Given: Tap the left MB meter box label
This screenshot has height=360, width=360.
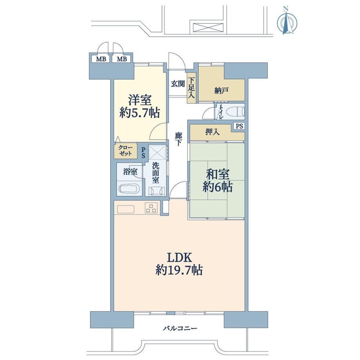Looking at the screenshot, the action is click(x=101, y=59).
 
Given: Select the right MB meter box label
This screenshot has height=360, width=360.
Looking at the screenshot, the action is click(x=122, y=59).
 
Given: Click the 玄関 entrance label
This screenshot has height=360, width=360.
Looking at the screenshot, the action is click(x=178, y=84).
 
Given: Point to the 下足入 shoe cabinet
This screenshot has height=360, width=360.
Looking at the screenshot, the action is click(x=191, y=88).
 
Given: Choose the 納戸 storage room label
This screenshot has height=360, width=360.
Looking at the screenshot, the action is click(x=221, y=91).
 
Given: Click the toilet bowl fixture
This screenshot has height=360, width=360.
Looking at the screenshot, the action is click(x=235, y=112).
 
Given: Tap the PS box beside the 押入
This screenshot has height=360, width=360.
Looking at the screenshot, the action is click(x=239, y=126).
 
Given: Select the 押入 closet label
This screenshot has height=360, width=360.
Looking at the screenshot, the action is click(x=212, y=132).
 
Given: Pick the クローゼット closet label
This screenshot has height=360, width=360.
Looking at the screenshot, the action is click(x=125, y=150).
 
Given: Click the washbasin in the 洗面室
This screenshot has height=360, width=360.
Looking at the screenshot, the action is click(x=157, y=191).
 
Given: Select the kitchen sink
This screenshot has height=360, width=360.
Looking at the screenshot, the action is click(x=126, y=209).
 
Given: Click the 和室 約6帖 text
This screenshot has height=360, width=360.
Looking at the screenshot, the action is click(x=218, y=181).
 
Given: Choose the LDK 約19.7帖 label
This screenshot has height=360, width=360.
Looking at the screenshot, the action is click(x=179, y=264).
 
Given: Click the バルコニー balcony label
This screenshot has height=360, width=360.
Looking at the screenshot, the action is click(x=180, y=329).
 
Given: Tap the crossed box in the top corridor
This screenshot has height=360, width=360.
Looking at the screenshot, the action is click(x=208, y=27).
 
